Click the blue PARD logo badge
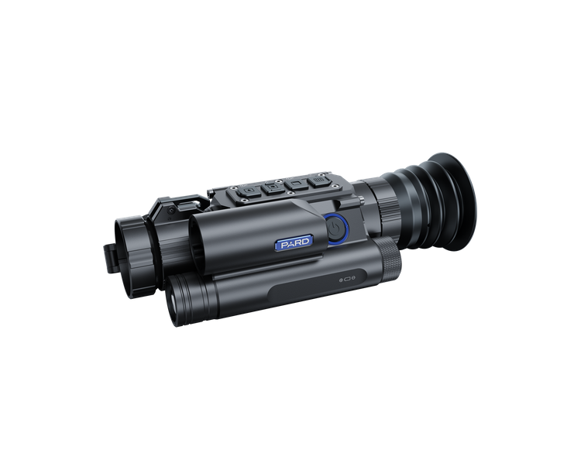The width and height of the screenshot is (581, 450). tap(294, 243)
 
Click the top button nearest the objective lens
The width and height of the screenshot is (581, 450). tap(248, 191)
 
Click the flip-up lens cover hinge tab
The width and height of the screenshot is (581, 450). tap(110, 259)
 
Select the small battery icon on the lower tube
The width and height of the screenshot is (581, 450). tap(347, 280)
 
